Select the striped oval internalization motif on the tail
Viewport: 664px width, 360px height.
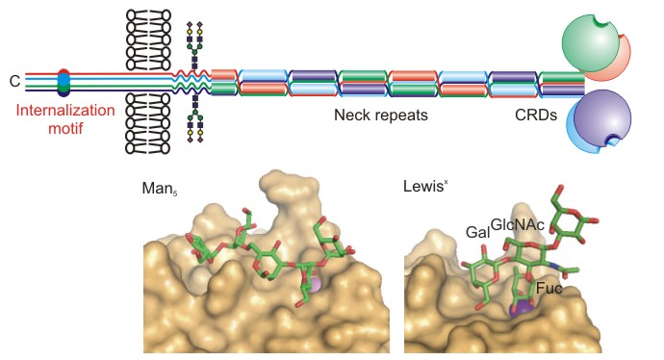tap(64, 82)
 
